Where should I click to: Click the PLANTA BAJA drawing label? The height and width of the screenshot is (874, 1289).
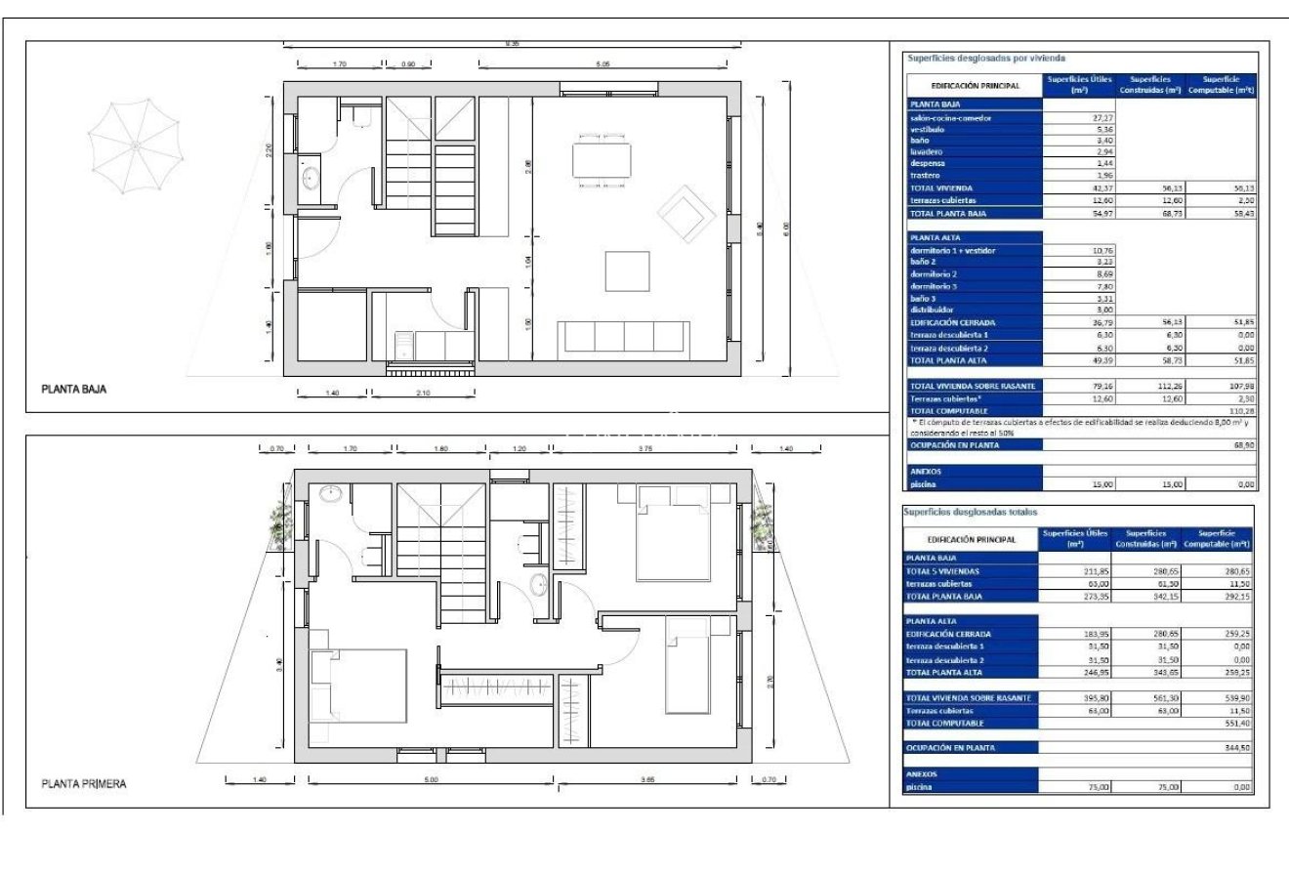click(73, 389)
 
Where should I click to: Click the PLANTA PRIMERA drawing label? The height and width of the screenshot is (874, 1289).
click(83, 784)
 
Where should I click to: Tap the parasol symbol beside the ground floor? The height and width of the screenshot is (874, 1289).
click(134, 147)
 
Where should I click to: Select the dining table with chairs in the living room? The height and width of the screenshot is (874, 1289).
click(600, 161)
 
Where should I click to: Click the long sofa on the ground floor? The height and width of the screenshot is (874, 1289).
click(623, 338)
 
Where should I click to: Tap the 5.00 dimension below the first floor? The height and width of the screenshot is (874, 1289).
click(432, 779)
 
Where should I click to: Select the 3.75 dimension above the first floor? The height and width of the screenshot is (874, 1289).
click(646, 448)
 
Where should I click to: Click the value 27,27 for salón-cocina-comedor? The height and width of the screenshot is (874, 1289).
click(1102, 117)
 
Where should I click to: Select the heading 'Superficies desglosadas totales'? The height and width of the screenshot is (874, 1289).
click(970, 512)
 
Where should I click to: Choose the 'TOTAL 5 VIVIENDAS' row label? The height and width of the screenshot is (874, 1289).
click(942, 570)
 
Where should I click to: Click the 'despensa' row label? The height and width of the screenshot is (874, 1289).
click(928, 164)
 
